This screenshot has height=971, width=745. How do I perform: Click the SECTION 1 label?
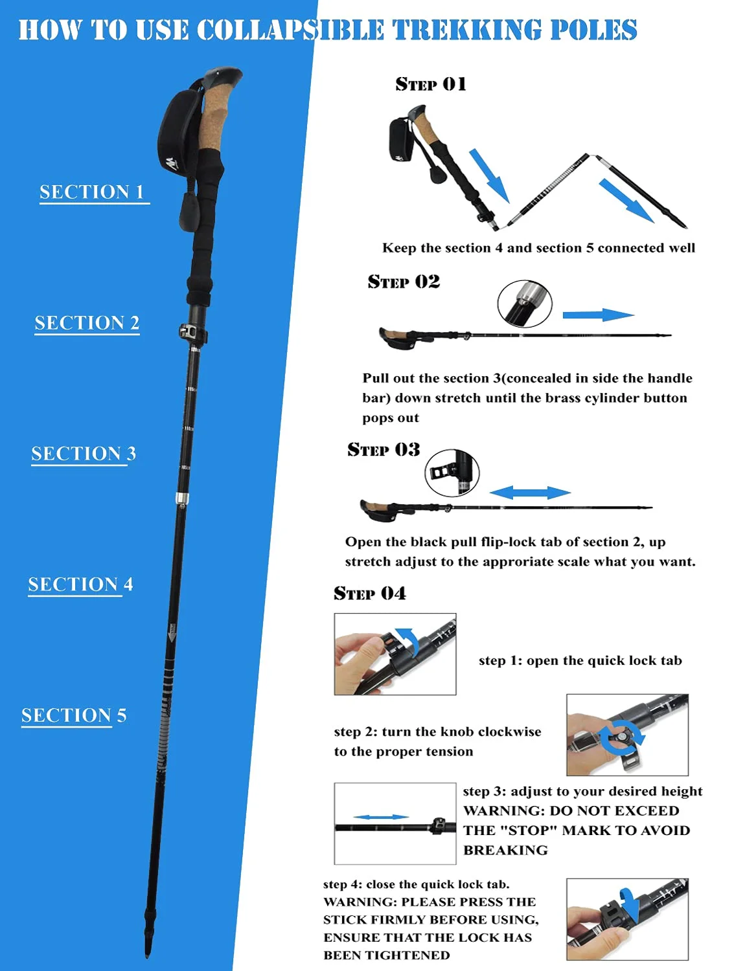tap(92, 192)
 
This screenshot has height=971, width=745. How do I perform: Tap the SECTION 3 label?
tap(84, 454)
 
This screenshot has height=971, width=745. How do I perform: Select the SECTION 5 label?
tap(74, 715)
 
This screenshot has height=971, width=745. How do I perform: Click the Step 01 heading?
tap(431, 84)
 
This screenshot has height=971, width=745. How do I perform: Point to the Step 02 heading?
tap(404, 282)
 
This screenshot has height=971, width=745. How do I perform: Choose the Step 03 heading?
tap(384, 449)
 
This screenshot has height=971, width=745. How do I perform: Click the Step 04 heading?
tap(370, 594)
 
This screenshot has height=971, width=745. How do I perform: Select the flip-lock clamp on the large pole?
tap(192, 333)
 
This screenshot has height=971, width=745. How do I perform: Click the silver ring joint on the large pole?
tap(183, 498)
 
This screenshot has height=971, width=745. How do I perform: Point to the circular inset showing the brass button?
tap(525, 304)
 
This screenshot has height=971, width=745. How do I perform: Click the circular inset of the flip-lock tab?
tap(452, 473)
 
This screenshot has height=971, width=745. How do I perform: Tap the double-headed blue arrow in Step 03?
tap(530, 493)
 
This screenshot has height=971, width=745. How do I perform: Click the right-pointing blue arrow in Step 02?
tap(597, 315)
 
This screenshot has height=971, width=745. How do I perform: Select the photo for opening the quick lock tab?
tap(395, 654)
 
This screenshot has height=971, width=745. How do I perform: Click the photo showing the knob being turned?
tap(627, 735)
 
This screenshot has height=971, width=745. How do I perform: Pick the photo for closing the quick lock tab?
tap(627, 919)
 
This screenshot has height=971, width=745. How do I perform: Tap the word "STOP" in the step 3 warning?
tap(529, 831)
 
